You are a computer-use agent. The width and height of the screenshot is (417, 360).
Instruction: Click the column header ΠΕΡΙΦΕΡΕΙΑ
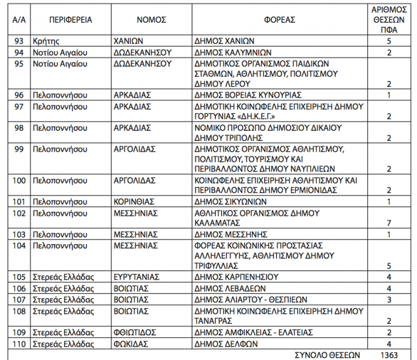pyautogui.click(x=71, y=20)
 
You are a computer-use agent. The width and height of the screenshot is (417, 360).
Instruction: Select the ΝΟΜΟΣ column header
pyautogui.click(x=151, y=20)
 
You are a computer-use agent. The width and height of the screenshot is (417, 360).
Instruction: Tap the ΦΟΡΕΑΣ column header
pyautogui.click(x=280, y=20)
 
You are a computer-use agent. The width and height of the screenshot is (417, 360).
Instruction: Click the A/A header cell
pyautogui.click(x=19, y=20)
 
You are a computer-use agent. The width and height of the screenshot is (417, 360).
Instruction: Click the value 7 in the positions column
pyautogui.click(x=389, y=223)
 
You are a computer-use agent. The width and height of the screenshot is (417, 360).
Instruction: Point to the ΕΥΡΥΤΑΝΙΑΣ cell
pyautogui.click(x=137, y=277)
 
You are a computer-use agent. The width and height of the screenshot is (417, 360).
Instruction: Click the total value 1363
pyautogui.click(x=389, y=355)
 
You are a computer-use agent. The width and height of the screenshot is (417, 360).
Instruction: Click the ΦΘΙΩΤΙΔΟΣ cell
pyautogui.click(x=135, y=332)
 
